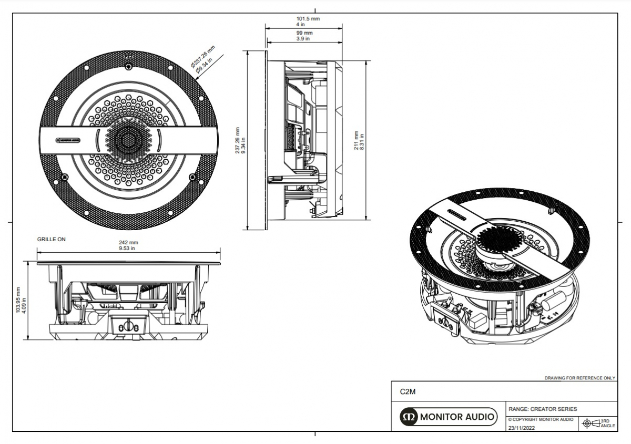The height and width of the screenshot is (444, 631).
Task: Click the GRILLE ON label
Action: pos(52,239)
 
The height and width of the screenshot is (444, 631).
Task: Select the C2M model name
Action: pos(408,391)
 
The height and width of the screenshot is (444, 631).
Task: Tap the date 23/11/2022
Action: pos(522,428)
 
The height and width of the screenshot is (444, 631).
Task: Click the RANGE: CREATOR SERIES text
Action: pos(543,409)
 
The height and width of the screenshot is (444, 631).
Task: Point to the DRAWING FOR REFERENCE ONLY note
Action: pos(579,378)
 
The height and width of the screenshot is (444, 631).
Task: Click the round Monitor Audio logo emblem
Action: pos(409,417)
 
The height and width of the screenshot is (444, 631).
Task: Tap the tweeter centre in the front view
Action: pos(128,140)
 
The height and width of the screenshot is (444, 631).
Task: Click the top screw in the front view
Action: pos(129,67)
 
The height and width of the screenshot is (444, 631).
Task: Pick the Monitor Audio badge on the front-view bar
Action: pos(68,140)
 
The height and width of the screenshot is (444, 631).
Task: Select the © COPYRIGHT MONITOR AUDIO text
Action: pos(541,419)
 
